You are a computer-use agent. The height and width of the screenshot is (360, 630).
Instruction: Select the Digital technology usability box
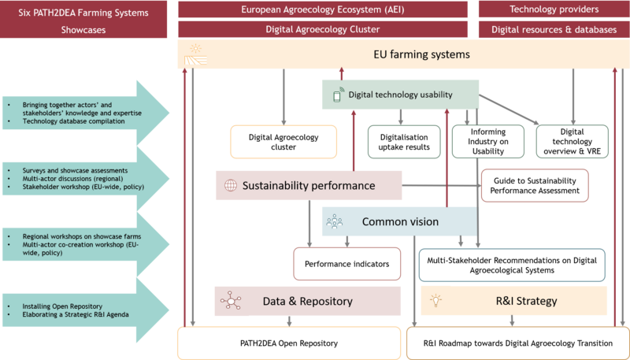pos(400,95)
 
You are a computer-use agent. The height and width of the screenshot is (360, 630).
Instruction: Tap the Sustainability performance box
pos(309,186)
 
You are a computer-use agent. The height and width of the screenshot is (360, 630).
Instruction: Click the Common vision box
pos(399,221)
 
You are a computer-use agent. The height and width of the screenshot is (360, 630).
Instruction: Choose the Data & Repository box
pos(308,301)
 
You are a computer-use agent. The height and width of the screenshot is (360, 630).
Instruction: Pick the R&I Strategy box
pos(513,300)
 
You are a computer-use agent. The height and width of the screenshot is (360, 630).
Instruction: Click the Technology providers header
pos(554,9)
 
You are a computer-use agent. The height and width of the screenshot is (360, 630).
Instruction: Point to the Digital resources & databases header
pos(554,29)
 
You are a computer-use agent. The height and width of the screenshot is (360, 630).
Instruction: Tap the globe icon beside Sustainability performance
pos(230,187)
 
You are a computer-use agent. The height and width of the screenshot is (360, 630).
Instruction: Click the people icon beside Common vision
pos(335,221)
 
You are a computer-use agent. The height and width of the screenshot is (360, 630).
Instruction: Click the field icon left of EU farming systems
pos(194,55)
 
